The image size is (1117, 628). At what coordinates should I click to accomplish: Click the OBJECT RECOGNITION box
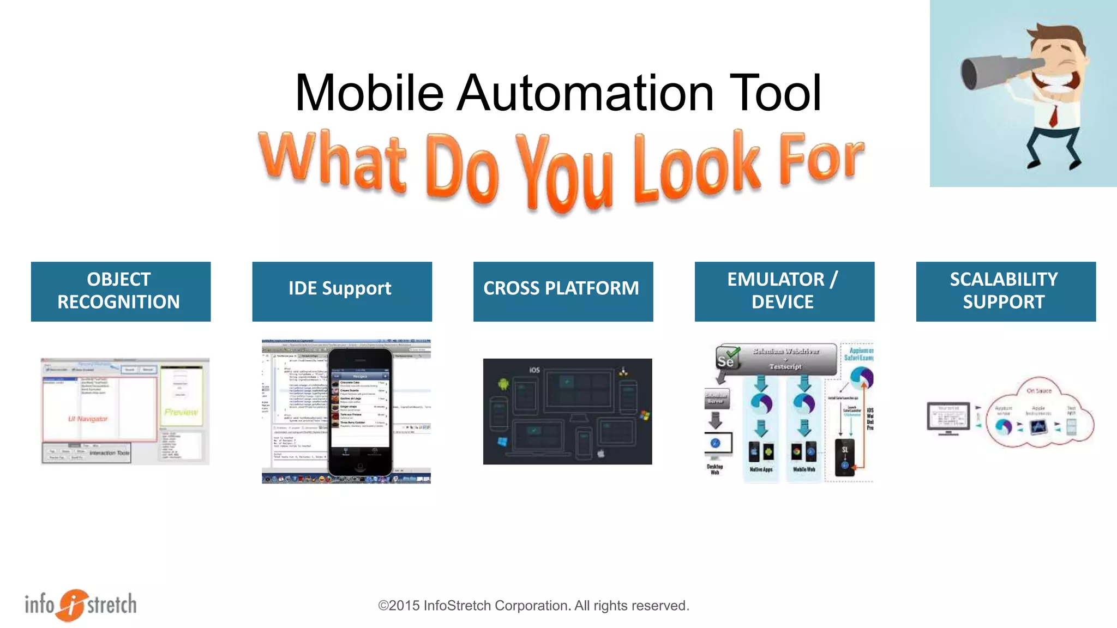(x=121, y=291)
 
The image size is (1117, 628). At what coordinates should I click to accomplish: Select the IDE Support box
(x=342, y=291)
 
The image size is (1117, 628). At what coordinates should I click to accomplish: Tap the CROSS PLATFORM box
(x=563, y=291)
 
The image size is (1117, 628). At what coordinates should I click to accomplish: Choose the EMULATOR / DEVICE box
(x=784, y=291)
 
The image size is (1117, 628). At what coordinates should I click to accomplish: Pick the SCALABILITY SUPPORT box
(x=1006, y=291)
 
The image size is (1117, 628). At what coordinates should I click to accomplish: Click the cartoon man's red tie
(x=1054, y=115)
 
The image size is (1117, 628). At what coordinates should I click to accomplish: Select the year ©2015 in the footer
(x=399, y=606)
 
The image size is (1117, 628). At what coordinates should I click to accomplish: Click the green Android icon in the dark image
(x=503, y=383)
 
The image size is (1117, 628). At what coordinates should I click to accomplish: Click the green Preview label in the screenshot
(x=181, y=412)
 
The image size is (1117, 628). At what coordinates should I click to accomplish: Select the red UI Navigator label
(x=88, y=419)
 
